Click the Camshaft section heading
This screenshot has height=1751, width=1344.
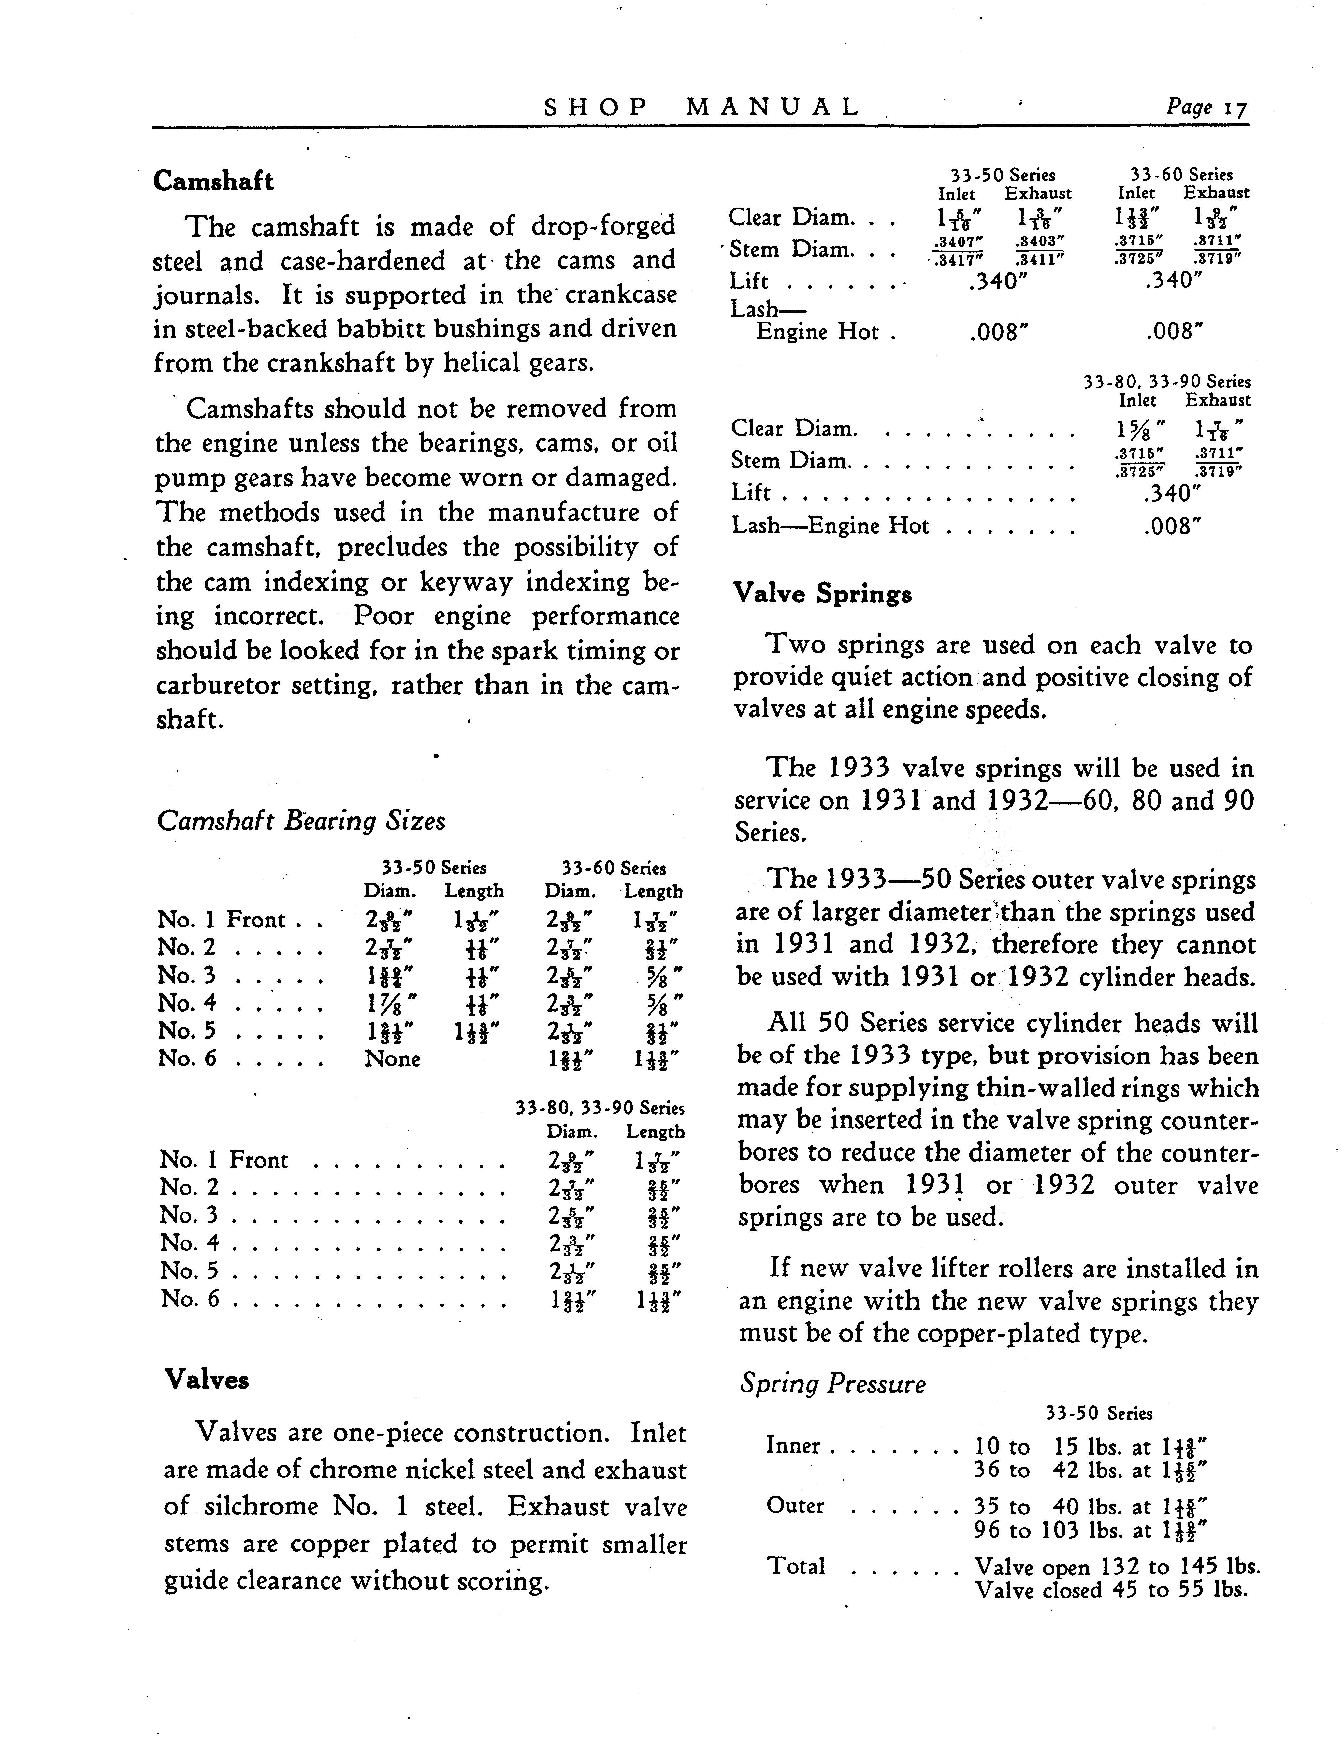pos(213,181)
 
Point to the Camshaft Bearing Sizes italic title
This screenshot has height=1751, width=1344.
pos(301,821)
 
